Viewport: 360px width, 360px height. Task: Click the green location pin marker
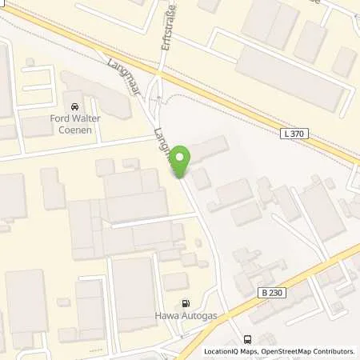coord(182,161)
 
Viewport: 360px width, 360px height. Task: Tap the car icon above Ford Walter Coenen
coord(74,106)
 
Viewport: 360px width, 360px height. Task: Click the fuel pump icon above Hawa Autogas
coord(187,303)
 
